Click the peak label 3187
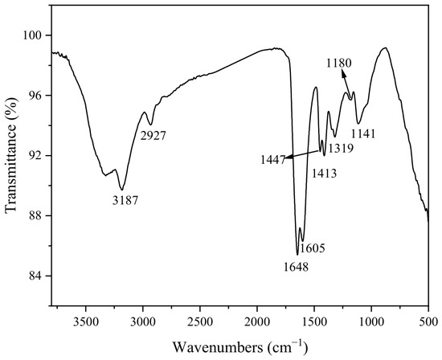(125, 200)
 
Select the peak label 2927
(153, 136)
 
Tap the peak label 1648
(296, 267)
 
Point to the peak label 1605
(313, 248)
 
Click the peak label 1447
(273, 160)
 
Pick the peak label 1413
(324, 174)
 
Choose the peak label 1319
(341, 148)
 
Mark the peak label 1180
(339, 63)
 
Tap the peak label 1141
(363, 134)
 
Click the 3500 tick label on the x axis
(86, 321)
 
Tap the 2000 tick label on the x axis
(257, 321)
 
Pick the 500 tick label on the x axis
(428, 321)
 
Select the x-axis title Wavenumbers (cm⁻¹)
(240, 346)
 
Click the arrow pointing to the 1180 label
(346, 84)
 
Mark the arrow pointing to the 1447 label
(304, 154)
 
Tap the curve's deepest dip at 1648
(297, 255)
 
